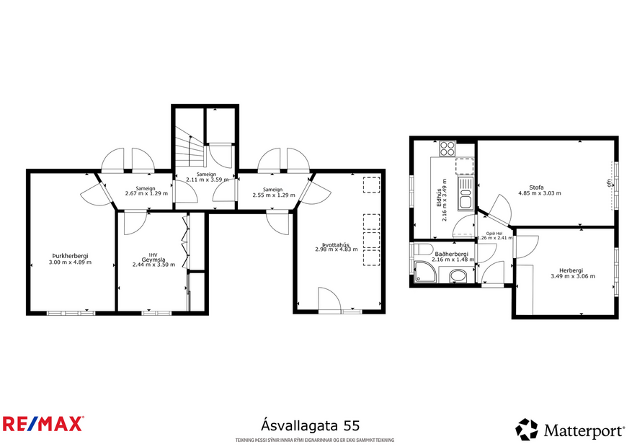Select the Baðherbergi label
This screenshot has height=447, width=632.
452,254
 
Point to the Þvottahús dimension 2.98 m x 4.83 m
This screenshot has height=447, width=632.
336,249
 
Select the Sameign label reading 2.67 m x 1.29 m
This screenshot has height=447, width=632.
146,193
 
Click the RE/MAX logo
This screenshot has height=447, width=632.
43,424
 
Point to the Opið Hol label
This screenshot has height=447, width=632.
494,234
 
